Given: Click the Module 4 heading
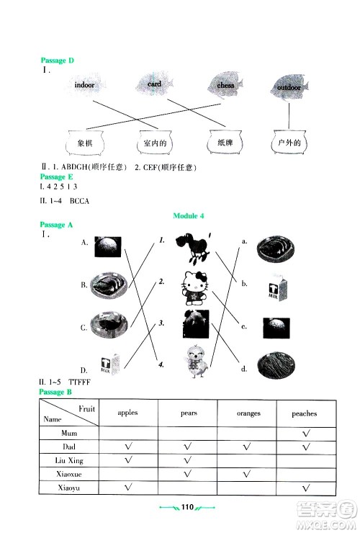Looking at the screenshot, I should (x=190, y=215).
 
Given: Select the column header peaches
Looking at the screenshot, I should (x=305, y=413).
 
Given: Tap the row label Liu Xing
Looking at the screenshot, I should (x=70, y=460).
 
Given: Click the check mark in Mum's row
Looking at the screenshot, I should (x=305, y=433).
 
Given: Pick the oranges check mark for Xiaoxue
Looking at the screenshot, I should (x=247, y=473).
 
